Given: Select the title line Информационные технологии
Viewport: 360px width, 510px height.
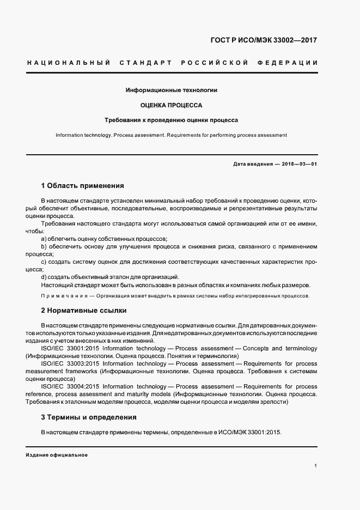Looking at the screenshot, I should pyautogui.click(x=172, y=90).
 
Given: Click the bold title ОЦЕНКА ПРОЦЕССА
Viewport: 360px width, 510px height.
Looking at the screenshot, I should pyautogui.click(x=172, y=105).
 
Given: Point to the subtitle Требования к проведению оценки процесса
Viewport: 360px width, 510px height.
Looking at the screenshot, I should pyautogui.click(x=172, y=120).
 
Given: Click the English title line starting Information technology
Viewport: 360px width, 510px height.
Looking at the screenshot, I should pyautogui.click(x=172, y=135).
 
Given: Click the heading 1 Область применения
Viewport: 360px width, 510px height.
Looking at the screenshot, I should pyautogui.click(x=82, y=186).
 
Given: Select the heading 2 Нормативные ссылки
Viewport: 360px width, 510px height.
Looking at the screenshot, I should pyautogui.click(x=84, y=311).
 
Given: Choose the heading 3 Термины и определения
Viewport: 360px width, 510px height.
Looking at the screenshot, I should pyautogui.click(x=89, y=417).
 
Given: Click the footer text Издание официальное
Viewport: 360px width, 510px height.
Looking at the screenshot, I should pyautogui.click(x=57, y=455).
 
